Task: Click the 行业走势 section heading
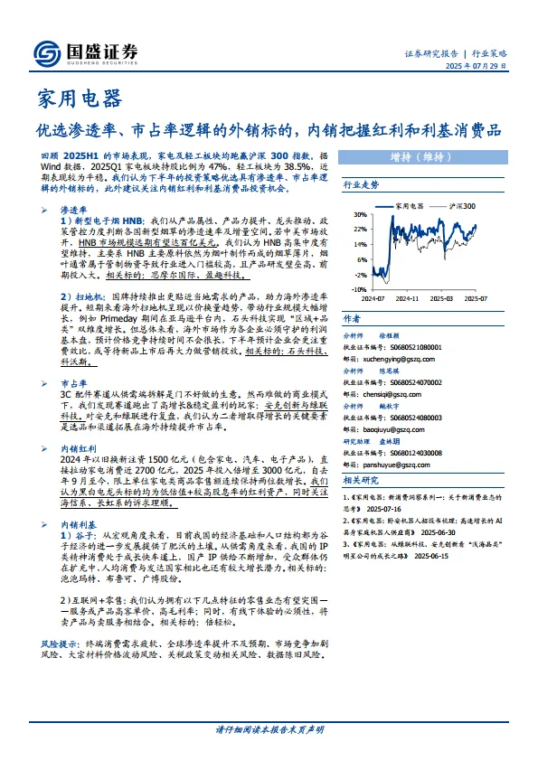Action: (361, 183)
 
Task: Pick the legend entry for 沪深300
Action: (462, 207)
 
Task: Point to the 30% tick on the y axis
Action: (360, 215)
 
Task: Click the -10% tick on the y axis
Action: (359, 289)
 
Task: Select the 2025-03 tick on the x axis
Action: (442, 296)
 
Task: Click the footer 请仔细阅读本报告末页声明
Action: (269, 729)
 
